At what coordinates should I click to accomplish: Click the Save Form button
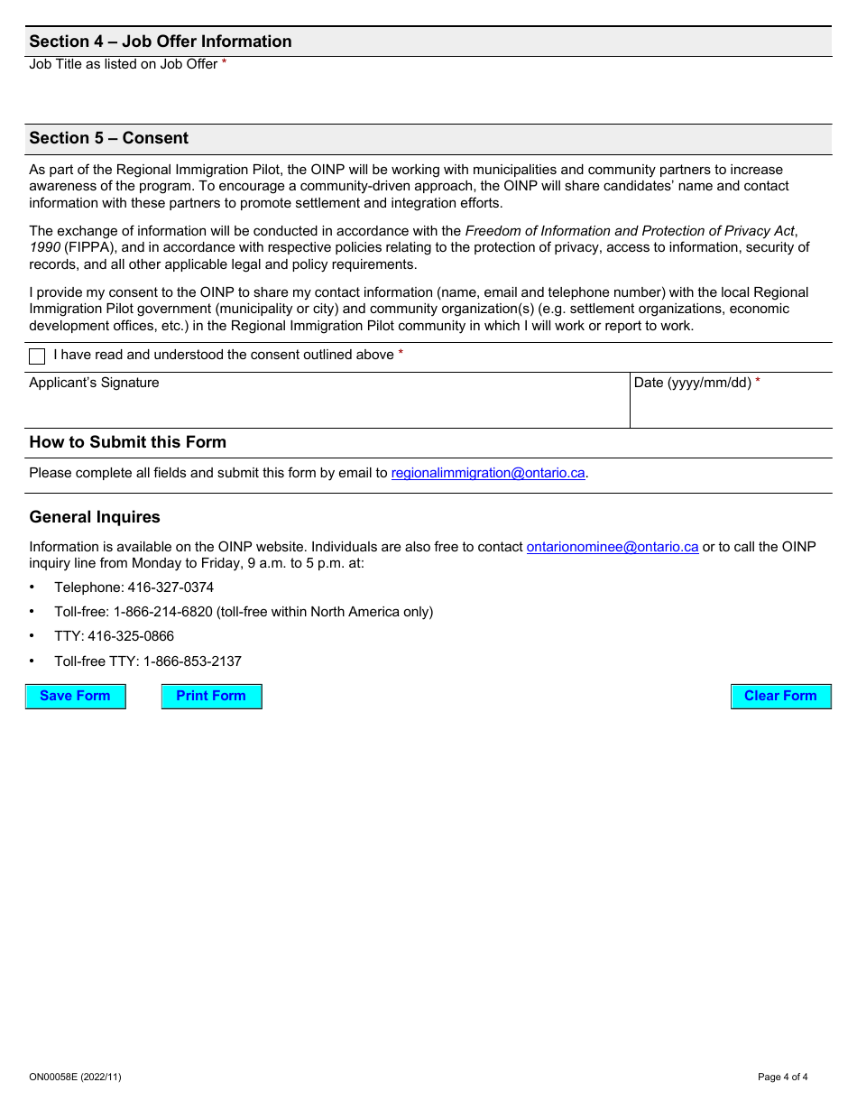(x=75, y=696)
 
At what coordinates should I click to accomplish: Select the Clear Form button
(x=780, y=696)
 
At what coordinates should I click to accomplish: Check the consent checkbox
(x=37, y=356)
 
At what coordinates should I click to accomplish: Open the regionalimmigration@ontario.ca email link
(x=488, y=473)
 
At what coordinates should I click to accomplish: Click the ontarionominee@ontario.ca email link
(x=612, y=547)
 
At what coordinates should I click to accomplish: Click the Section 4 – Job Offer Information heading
(x=161, y=42)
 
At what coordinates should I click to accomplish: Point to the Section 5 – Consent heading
(x=109, y=138)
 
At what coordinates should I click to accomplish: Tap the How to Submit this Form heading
(x=128, y=442)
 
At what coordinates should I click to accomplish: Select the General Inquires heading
(x=95, y=517)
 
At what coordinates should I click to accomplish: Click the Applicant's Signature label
(x=94, y=383)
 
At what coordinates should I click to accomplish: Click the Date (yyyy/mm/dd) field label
(x=692, y=383)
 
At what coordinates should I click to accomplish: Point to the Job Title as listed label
(x=124, y=64)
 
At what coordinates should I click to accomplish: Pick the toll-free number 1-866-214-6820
(x=162, y=612)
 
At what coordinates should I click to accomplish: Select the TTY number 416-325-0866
(x=131, y=636)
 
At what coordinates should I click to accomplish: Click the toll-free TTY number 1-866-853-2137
(x=192, y=661)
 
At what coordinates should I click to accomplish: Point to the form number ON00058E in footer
(x=75, y=1077)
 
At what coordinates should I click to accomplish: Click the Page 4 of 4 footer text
(x=782, y=1077)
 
